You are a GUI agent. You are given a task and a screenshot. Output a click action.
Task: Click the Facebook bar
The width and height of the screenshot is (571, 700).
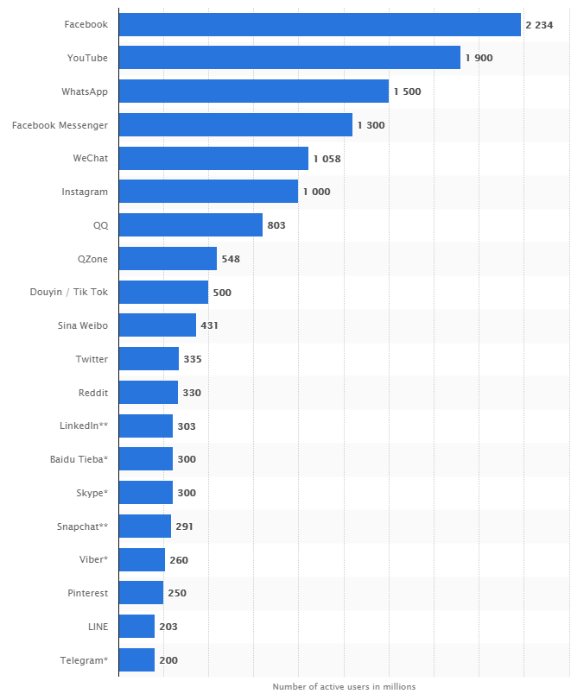(x=320, y=24)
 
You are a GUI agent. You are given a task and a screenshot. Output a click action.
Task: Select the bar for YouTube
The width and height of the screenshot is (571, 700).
(x=289, y=58)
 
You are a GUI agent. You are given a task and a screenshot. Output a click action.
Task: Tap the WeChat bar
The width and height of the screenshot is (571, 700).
(x=213, y=158)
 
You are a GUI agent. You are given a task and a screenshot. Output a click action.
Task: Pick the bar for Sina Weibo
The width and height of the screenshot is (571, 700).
(x=157, y=325)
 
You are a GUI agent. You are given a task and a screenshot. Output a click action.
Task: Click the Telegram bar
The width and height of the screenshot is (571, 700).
(x=136, y=660)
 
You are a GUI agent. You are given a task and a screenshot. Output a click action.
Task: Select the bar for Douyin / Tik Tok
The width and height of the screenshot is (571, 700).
(x=163, y=292)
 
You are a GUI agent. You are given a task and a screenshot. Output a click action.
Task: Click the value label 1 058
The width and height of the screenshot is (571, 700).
(x=328, y=158)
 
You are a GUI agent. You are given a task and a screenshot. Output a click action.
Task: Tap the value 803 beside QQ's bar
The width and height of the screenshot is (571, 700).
(x=276, y=225)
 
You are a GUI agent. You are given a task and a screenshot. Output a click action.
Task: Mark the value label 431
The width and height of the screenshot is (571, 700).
(x=210, y=325)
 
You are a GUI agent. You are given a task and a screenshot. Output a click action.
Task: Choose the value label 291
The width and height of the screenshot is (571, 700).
(x=185, y=527)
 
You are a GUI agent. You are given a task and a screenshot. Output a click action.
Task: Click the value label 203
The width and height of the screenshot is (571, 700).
(x=168, y=627)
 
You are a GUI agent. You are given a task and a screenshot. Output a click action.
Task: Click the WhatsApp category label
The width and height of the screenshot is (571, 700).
(x=85, y=91)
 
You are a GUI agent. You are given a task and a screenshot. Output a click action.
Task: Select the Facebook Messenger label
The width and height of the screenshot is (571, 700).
(x=60, y=125)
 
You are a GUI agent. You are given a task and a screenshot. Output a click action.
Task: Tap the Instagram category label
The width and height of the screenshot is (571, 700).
(x=85, y=192)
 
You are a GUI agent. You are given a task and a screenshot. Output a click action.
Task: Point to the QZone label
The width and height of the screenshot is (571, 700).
(x=92, y=259)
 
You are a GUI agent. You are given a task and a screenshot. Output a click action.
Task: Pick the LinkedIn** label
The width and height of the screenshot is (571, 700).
(x=84, y=426)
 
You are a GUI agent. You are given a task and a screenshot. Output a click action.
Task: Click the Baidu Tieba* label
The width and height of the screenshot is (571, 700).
(x=79, y=459)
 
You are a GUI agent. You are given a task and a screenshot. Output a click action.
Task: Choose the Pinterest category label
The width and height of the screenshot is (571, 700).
(x=88, y=593)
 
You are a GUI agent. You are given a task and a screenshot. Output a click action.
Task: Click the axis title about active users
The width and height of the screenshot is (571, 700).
(x=344, y=687)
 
